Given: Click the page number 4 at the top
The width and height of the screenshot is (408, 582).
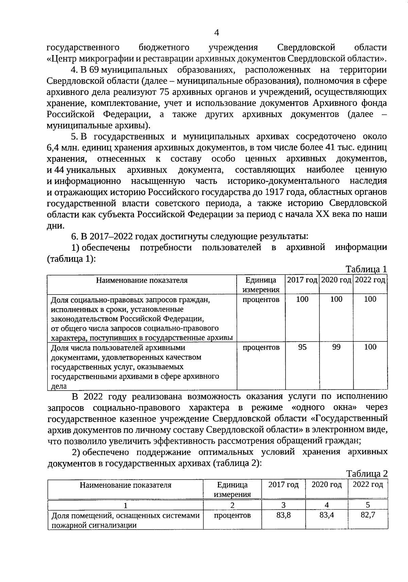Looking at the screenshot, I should pos(216,33).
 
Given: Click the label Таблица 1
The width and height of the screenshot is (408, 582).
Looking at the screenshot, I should pos(366,269).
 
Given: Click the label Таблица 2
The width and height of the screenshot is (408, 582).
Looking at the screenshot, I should pos(367,474).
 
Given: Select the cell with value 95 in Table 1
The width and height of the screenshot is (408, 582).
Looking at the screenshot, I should pos(302,347).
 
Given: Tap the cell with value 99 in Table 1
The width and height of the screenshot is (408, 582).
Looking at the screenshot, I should pos(336,347).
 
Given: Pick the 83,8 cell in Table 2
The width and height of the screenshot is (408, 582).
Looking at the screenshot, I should pos(283,515).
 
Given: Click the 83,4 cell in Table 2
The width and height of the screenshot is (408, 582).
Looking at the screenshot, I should pos(326,515).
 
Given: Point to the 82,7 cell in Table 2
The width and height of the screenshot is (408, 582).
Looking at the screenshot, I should pos(368,515).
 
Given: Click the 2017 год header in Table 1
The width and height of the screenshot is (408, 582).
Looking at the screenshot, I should pos(302,280).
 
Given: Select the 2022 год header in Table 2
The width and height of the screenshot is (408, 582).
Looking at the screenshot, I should pos(368,484).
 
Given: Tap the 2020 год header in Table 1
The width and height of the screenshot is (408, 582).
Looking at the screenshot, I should pos(336,280).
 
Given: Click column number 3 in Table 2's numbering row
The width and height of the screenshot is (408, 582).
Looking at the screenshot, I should pos(283,505).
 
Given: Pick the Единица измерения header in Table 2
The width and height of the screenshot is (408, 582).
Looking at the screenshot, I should pos(232,489).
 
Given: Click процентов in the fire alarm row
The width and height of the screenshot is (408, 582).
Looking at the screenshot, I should pos(232,515).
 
